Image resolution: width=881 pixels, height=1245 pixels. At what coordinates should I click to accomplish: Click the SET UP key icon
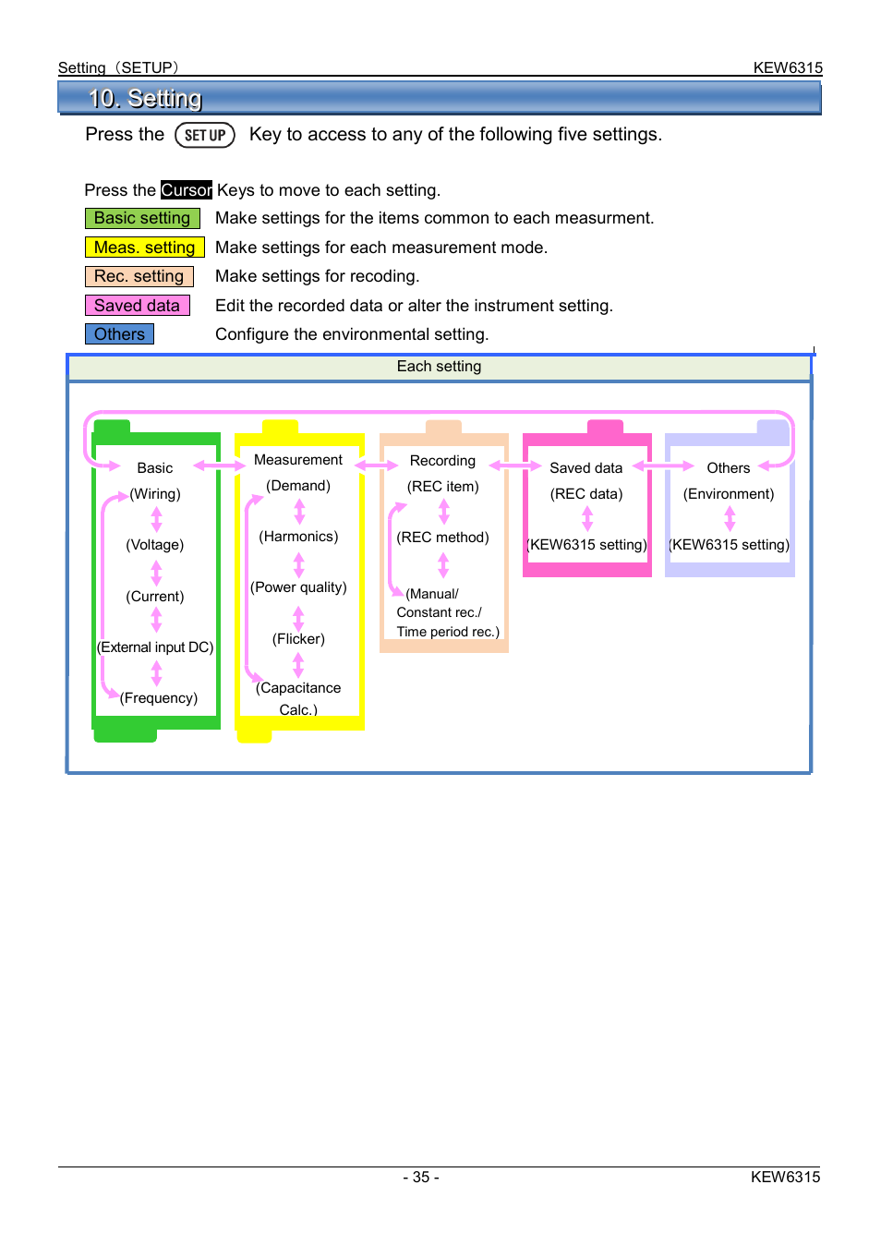[x=204, y=135]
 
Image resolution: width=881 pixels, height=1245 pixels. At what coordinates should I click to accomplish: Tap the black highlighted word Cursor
[x=187, y=190]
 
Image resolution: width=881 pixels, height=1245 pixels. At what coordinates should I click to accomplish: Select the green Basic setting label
[x=142, y=219]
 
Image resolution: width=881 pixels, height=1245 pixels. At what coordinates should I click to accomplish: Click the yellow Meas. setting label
[x=144, y=248]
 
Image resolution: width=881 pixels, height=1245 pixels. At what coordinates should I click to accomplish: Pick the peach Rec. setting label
[x=139, y=276]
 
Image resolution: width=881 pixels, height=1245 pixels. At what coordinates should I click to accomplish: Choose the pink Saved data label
[x=138, y=306]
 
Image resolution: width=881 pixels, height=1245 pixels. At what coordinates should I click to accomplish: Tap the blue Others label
[x=119, y=334]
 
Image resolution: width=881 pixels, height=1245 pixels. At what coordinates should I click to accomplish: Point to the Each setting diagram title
[x=439, y=367]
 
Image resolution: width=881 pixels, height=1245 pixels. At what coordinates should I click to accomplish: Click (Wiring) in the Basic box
[x=155, y=494]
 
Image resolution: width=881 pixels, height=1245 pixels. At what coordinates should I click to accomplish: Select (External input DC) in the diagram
[x=155, y=647]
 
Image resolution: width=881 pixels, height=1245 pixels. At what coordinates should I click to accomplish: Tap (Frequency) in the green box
[x=159, y=698]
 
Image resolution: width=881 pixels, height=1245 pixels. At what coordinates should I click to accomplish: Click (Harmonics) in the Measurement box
[x=298, y=537]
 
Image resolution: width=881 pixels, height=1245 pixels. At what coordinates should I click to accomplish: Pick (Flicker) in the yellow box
[x=298, y=639]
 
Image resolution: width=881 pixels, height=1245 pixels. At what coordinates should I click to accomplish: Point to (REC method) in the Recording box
[x=442, y=538]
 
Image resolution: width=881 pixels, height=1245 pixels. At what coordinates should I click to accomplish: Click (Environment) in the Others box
[x=728, y=494]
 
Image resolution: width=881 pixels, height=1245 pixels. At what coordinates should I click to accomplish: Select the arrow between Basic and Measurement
[x=220, y=465]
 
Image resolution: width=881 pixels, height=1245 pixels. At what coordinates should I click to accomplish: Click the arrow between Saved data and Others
[x=663, y=465]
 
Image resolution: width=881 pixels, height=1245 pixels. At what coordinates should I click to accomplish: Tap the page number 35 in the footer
[x=421, y=1178]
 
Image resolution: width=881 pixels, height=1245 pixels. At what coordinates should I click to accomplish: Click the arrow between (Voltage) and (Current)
[x=157, y=573]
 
